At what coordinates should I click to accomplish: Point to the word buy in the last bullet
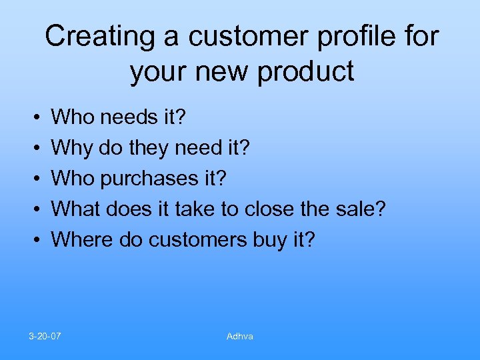tap(269, 238)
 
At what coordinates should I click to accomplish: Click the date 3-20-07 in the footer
tap(45, 336)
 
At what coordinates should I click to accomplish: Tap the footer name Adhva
tap(240, 336)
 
